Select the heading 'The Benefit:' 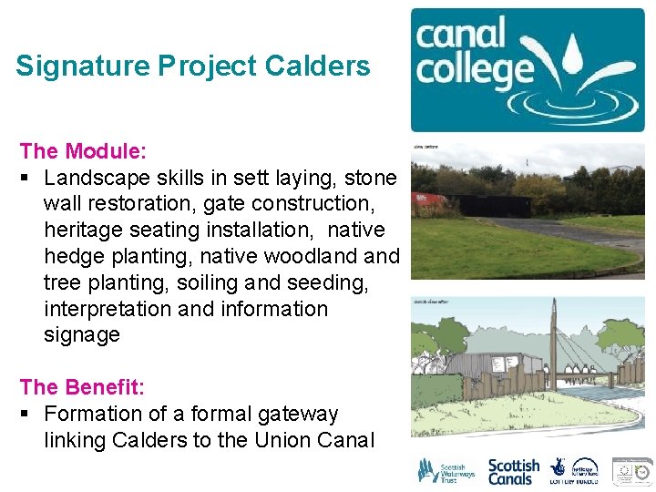[81, 387]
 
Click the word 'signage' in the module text [82, 334]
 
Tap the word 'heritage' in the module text [87, 230]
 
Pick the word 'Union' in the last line [292, 440]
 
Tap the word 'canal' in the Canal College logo [460, 35]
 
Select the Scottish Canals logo [514, 470]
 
